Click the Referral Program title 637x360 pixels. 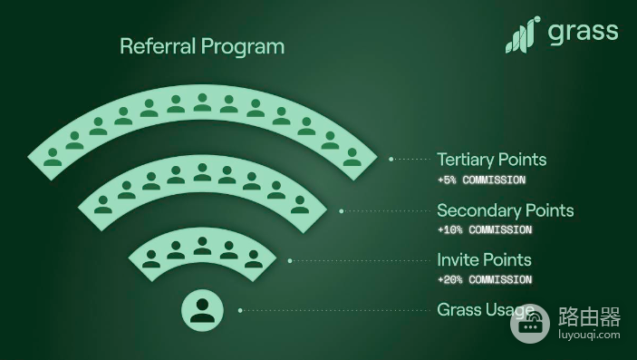202,47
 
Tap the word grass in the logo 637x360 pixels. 583,32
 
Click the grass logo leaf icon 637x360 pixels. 523,34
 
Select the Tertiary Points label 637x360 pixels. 491,160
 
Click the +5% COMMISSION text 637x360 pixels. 481,180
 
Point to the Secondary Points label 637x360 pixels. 506,210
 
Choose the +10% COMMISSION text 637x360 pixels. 485,229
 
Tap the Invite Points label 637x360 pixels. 484,260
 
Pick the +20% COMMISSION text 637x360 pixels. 485,279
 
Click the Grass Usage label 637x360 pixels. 486,310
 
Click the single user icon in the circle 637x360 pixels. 202,310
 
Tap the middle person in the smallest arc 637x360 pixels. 202,246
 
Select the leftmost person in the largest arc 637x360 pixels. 53,157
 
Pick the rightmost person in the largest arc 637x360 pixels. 352,157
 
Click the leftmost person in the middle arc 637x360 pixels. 103,205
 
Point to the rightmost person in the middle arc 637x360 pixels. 300,205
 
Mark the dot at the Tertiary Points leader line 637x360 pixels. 391,160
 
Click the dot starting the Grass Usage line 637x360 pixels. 240,310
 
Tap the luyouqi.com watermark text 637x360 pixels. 590,336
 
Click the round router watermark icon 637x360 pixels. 530,324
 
